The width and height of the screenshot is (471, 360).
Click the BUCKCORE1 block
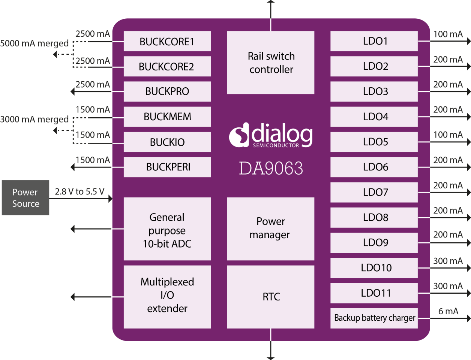pyautogui.click(x=167, y=41)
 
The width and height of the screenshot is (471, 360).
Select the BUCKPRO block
pyautogui.click(x=167, y=91)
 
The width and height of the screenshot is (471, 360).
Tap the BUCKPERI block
pyautogui.click(x=167, y=167)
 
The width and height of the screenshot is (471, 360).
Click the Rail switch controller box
pyautogui.click(x=271, y=63)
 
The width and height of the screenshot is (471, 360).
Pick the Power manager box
pyautogui.click(x=271, y=229)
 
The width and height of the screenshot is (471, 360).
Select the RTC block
pyautogui.click(x=271, y=297)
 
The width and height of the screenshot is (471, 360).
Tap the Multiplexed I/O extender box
pyautogui.click(x=167, y=297)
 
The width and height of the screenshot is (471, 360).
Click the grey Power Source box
pyautogui.click(x=25, y=198)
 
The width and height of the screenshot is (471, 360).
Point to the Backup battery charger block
pyautogui.click(x=374, y=318)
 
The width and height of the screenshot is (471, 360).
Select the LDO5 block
pyautogui.click(x=374, y=142)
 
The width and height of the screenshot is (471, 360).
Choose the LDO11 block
pyautogui.click(x=374, y=293)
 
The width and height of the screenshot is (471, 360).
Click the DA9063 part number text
pyautogui.click(x=271, y=169)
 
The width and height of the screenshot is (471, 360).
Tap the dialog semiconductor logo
pyautogui.click(x=271, y=135)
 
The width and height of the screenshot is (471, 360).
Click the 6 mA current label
pyautogui.click(x=448, y=311)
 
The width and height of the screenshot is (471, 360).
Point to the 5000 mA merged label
pyautogui.click(x=34, y=43)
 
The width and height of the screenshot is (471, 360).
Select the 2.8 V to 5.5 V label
pyautogui.click(x=79, y=191)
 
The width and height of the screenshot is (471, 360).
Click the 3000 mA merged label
pyautogui.click(x=34, y=120)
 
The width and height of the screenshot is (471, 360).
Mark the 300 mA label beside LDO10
pyautogui.click(x=448, y=261)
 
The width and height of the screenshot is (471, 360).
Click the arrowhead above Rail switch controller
pyautogui.click(x=271, y=2)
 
